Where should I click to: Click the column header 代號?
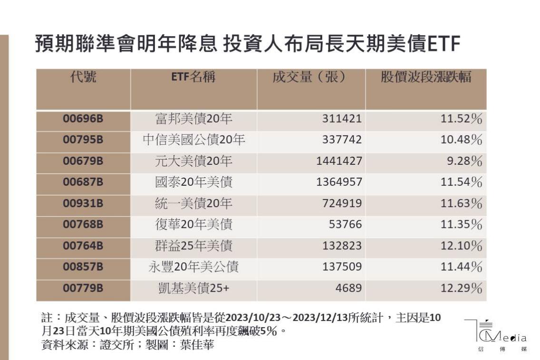[83, 77]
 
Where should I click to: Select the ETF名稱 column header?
[193, 77]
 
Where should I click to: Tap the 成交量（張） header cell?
[308, 77]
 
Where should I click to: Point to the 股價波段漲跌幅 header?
[426, 77]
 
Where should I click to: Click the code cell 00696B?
[83, 119]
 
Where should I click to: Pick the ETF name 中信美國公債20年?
[194, 140]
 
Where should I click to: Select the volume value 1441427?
[339, 161]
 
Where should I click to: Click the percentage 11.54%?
[461, 182]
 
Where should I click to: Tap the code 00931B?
[83, 204]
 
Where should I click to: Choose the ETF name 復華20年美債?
[194, 225]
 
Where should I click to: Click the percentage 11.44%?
[461, 267]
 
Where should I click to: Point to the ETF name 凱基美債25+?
[194, 288]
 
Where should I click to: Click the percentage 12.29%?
[461, 288]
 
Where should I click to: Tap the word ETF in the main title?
[444, 45]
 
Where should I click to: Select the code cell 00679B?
[83, 161]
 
